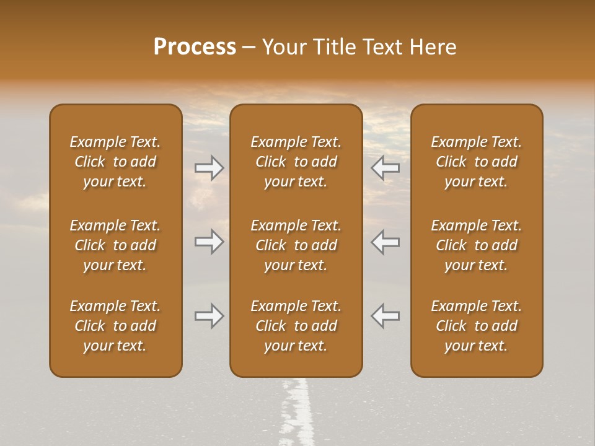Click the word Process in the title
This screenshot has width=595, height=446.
195,47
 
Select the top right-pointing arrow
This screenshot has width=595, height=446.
209,167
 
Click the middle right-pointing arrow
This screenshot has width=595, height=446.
209,242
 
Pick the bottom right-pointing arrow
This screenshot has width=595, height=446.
209,317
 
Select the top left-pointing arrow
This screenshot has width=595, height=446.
385,167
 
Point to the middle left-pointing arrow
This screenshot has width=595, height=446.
385,242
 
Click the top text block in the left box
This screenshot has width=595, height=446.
115,162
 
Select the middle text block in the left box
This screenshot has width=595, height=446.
115,245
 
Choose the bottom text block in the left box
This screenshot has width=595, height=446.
115,326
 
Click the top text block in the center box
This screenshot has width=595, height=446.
296,162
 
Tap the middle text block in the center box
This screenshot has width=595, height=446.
296,245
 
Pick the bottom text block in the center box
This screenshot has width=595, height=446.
296,326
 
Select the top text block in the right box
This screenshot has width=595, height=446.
476,162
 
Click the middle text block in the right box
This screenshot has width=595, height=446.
476,245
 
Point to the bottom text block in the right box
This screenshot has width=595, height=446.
476,326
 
